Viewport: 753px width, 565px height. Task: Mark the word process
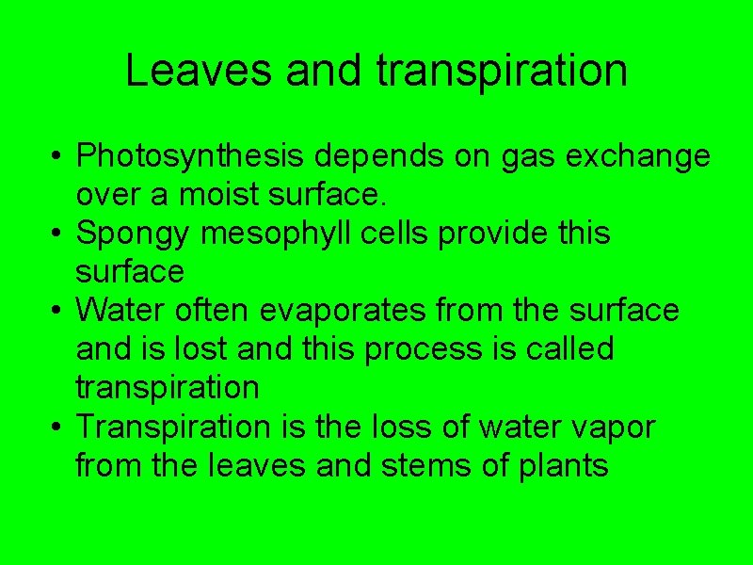(425, 348)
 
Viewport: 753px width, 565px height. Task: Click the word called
(569, 348)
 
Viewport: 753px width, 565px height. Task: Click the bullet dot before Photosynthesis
(58, 156)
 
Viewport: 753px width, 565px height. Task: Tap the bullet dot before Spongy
(58, 234)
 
